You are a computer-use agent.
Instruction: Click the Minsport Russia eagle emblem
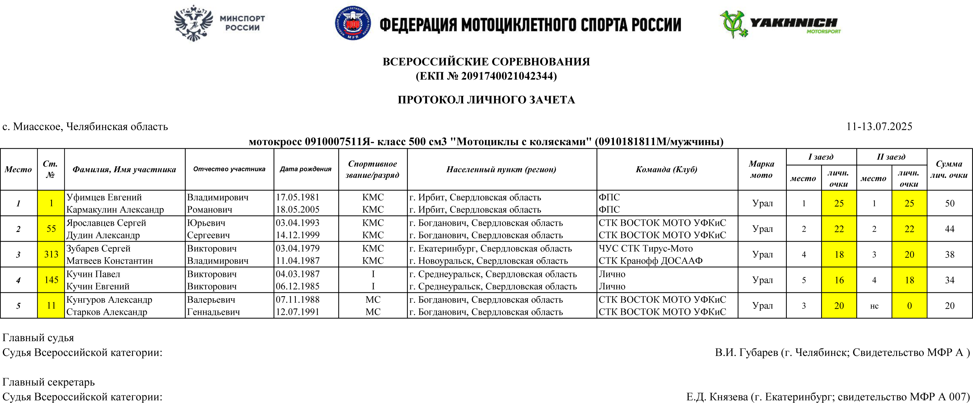tap(193, 23)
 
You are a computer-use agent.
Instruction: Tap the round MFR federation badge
tap(353, 23)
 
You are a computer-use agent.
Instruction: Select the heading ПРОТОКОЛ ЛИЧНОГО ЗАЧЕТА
tap(486, 100)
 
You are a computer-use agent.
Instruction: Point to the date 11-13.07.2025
tap(879, 126)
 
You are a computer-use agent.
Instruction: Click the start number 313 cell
tap(51, 254)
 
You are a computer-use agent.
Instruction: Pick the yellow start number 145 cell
tap(51, 280)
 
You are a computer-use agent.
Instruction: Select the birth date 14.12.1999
tap(298, 235)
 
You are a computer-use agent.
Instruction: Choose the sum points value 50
tap(950, 203)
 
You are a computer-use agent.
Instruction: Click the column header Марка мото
tap(761, 169)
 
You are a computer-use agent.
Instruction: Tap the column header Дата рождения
tap(306, 169)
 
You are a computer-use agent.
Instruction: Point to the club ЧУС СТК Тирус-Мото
tap(646, 248)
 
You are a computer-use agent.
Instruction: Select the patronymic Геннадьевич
tap(213, 312)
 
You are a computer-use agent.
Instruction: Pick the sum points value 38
tap(950, 254)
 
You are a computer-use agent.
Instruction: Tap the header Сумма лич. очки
tap(949, 169)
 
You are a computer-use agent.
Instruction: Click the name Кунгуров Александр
tap(109, 300)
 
